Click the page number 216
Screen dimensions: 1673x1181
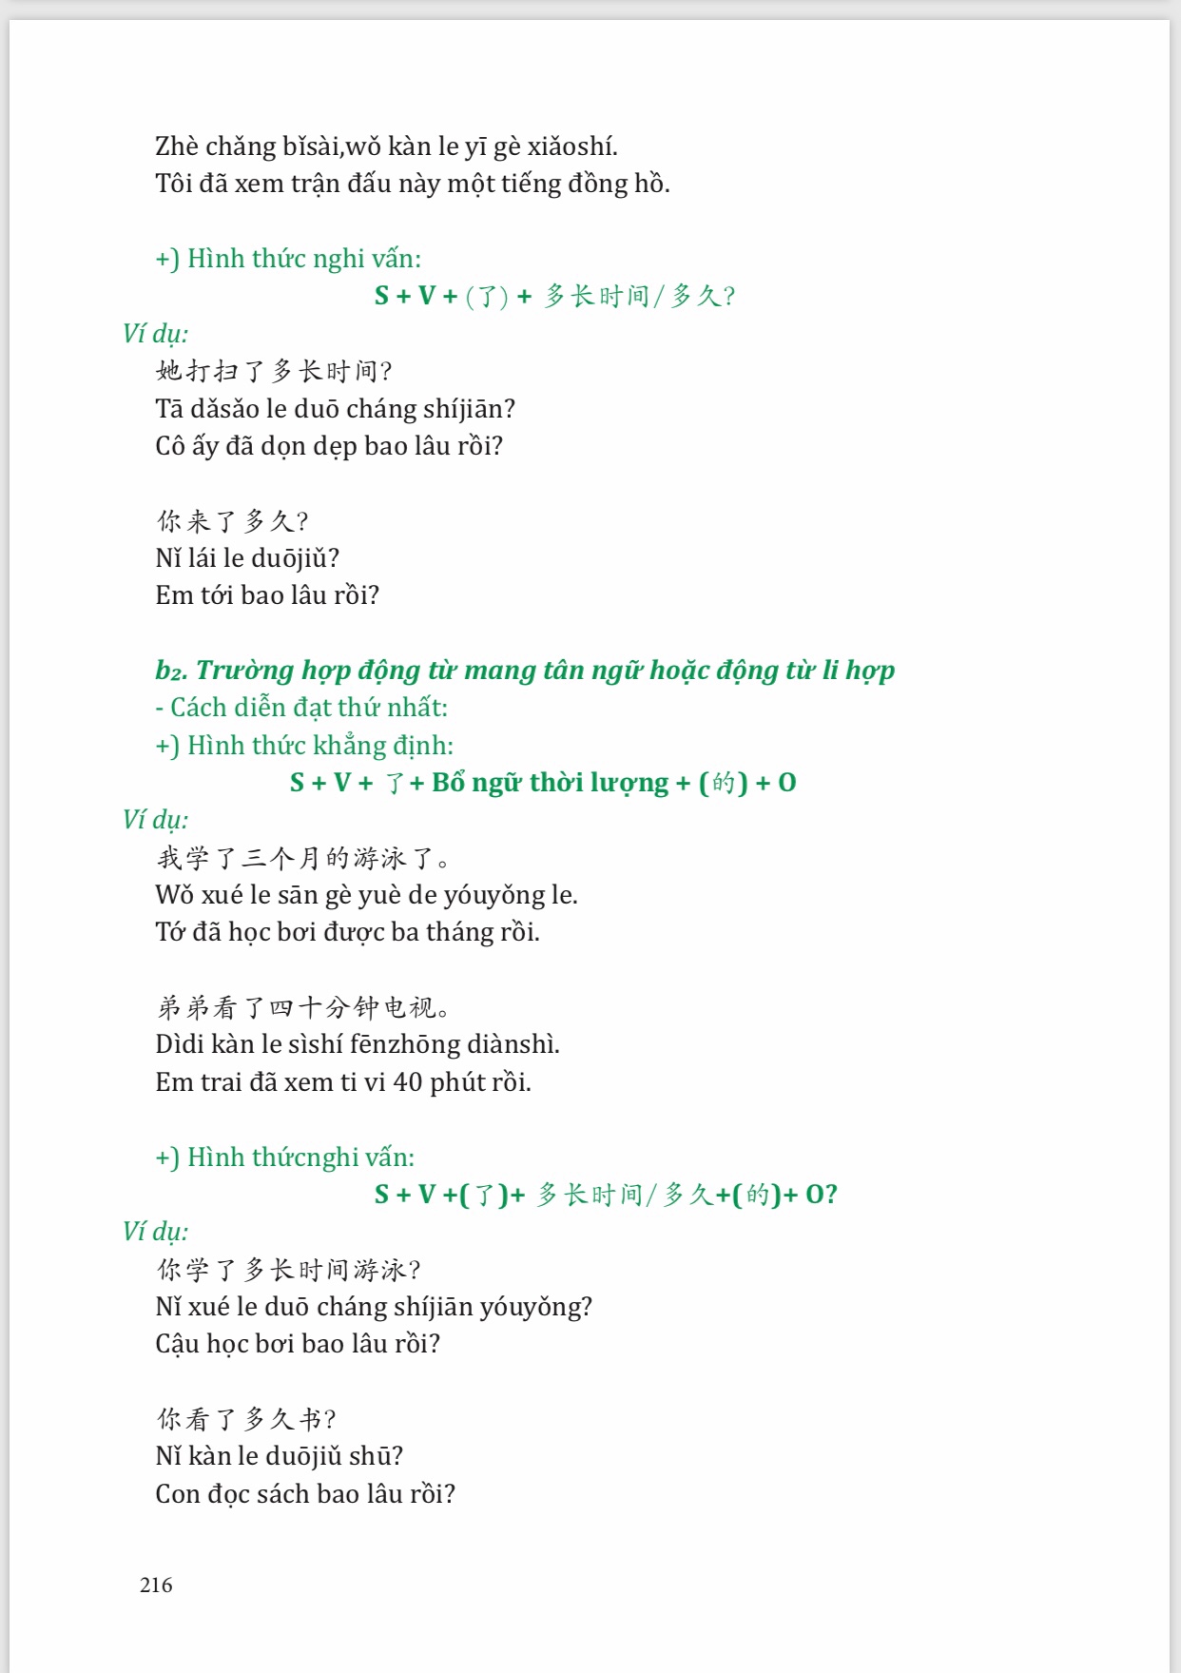pyautogui.click(x=156, y=1585)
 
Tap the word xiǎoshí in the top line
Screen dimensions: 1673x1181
pyautogui.click(x=573, y=146)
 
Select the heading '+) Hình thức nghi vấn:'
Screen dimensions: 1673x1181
pyautogui.click(x=288, y=259)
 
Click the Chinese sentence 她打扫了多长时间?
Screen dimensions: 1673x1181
pyautogui.click(x=274, y=370)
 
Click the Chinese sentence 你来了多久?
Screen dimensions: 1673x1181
pyautogui.click(x=233, y=520)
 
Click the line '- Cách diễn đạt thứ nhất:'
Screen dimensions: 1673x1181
pyautogui.click(x=301, y=708)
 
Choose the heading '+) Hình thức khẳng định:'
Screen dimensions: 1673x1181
pyautogui.click(x=304, y=746)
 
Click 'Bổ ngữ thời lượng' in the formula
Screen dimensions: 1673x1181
pyautogui.click(x=550, y=783)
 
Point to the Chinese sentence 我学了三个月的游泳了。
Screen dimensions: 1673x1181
pyautogui.click(x=302, y=858)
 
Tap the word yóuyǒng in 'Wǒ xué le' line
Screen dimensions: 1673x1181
pyautogui.click(x=494, y=895)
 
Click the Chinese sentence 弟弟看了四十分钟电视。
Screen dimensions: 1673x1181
pyautogui.click(x=302, y=1007)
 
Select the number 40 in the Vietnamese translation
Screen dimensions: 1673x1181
pyautogui.click(x=408, y=1082)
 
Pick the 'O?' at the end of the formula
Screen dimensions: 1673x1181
pyautogui.click(x=821, y=1195)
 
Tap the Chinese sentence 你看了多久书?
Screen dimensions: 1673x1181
pyautogui.click(x=246, y=1419)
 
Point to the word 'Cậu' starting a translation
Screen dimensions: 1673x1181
pyautogui.click(x=178, y=1344)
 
